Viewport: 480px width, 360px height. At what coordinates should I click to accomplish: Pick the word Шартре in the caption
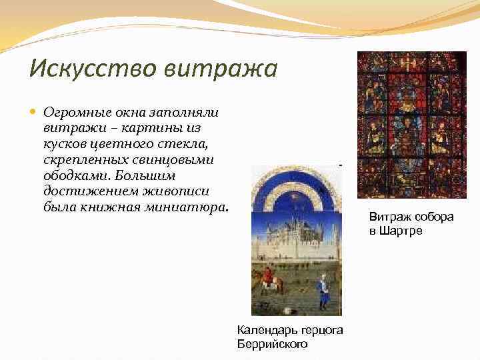point(402,231)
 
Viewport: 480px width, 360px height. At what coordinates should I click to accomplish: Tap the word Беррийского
point(272,344)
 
